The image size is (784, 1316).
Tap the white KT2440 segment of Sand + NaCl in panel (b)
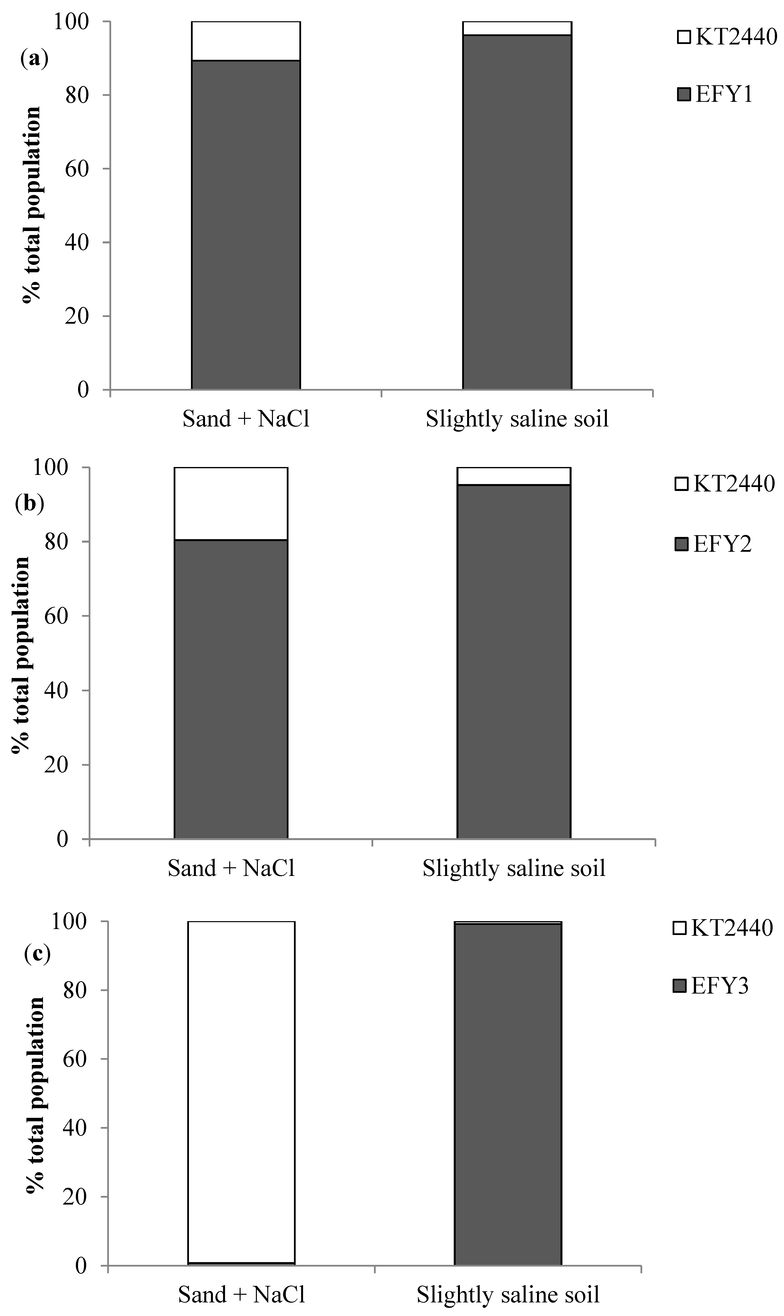tap(231, 504)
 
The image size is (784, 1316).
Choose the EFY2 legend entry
tap(713, 544)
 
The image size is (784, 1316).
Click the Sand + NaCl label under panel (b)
tap(231, 868)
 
